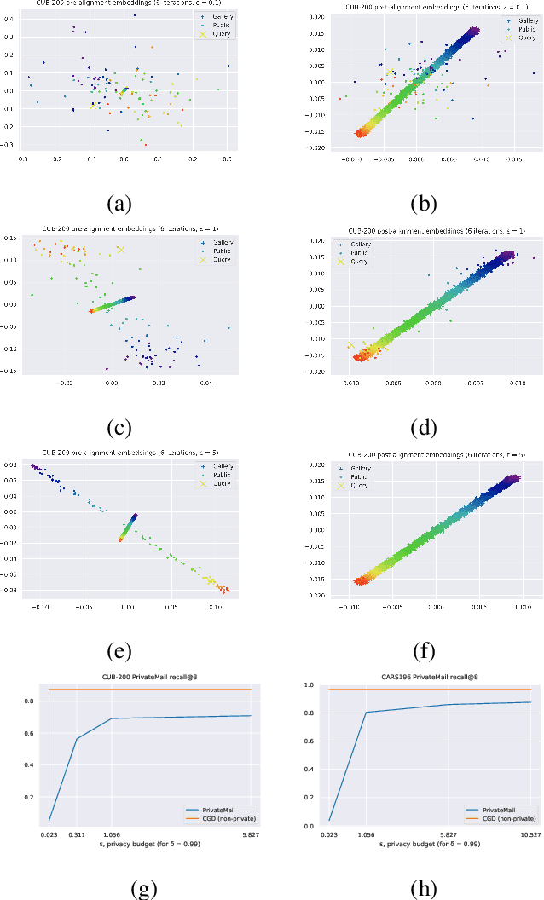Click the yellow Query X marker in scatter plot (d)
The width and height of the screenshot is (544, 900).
350,345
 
